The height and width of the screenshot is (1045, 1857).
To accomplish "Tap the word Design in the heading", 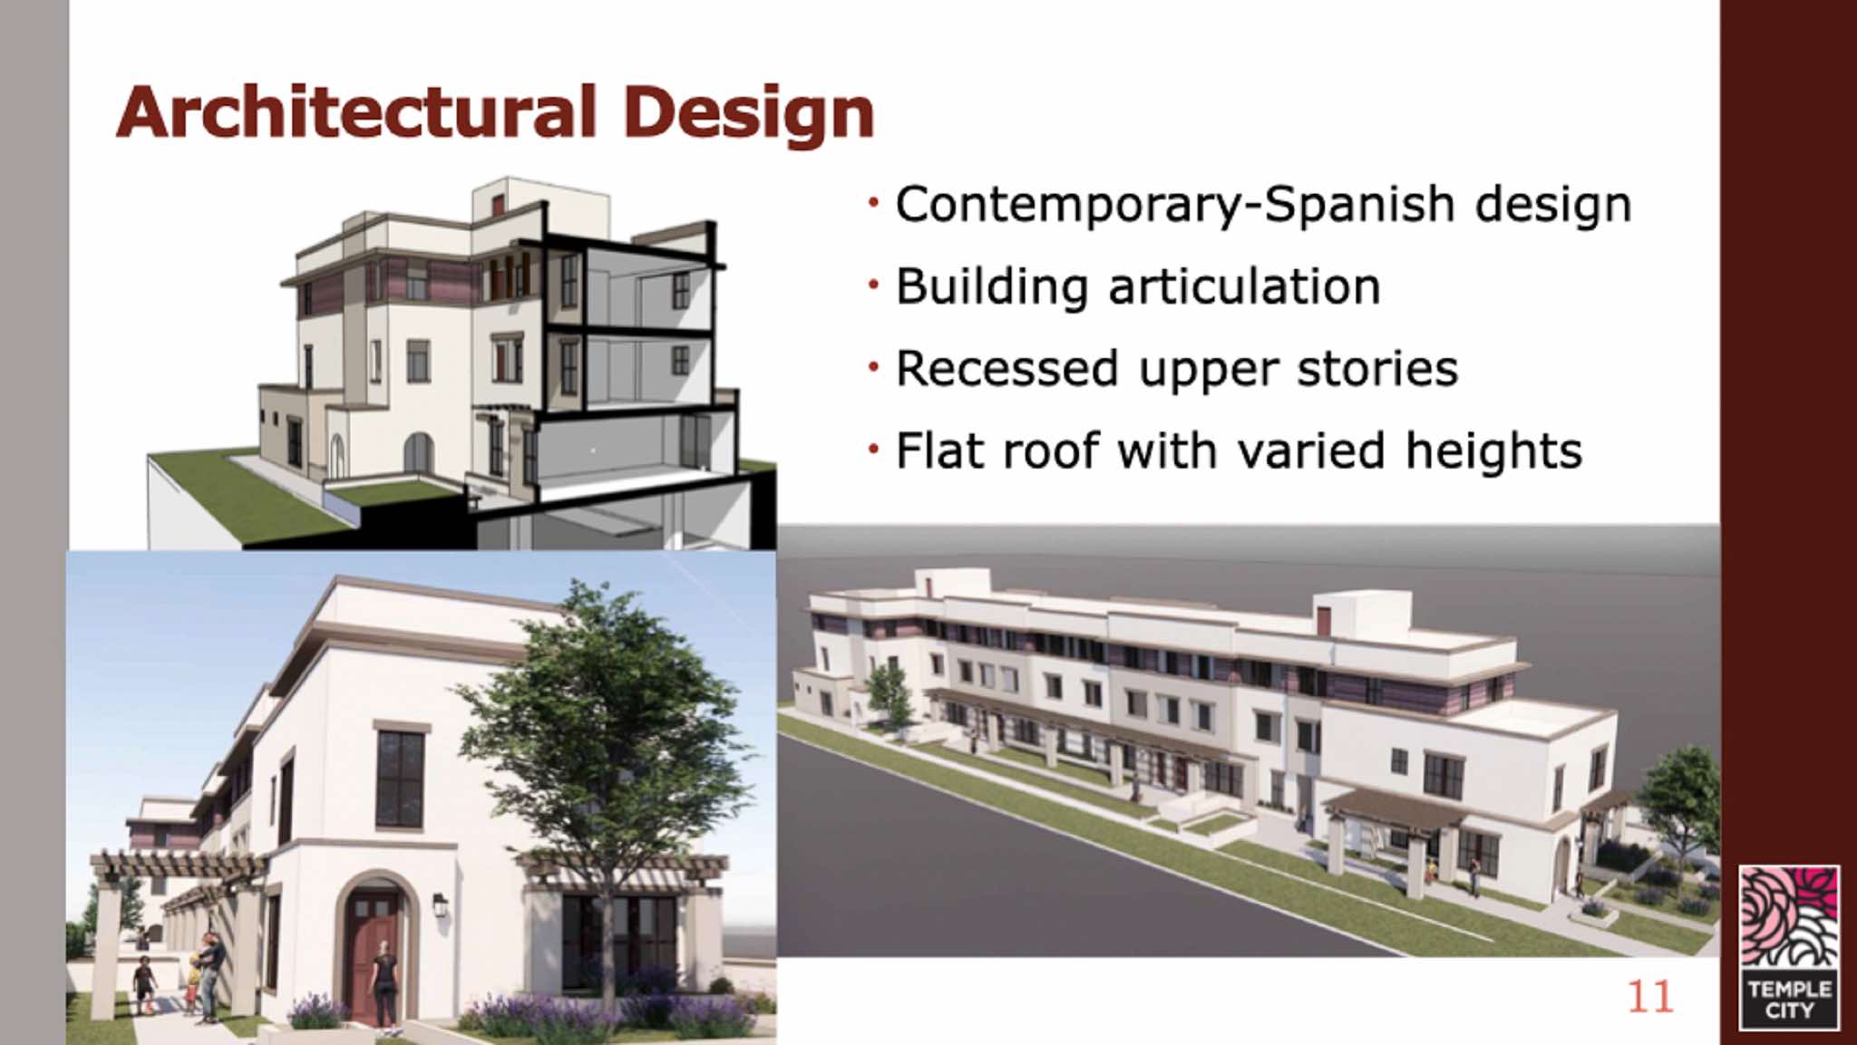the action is [748, 115].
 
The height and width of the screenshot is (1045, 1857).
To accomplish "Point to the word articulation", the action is [1244, 286].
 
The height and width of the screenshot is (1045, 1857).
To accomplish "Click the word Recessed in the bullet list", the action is [1006, 369].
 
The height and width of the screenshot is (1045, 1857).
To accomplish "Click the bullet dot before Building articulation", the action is [873, 285].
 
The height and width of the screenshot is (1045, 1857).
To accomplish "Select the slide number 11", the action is [1649, 997].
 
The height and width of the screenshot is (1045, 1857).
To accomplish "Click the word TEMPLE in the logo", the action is [1789, 989].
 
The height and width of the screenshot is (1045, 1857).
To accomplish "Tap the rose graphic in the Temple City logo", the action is [1789, 916].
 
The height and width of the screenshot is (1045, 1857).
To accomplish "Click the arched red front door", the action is [373, 952].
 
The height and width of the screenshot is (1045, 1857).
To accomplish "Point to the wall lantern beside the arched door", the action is [440, 904].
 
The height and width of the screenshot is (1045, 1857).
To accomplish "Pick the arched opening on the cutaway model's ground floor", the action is [418, 452].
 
